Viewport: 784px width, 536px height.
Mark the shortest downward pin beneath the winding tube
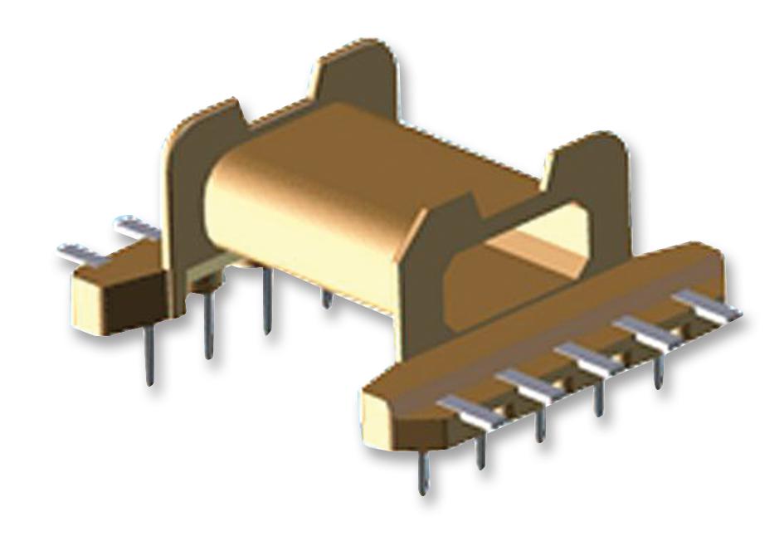[328, 299]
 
